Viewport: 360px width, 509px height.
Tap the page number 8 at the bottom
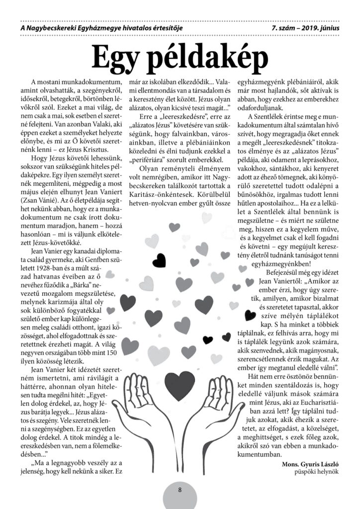(x=180, y=489)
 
